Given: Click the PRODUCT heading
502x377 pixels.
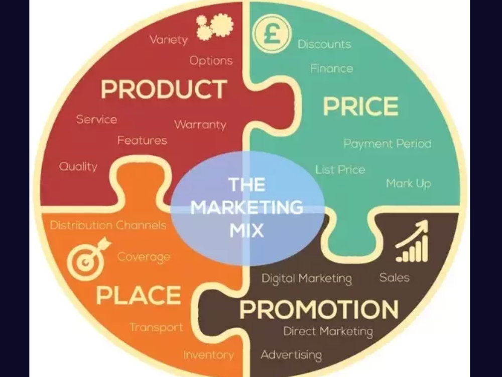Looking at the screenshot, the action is (164, 89).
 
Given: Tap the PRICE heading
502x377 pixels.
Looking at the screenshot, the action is (360, 106).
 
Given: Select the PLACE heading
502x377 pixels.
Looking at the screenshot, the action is (139, 295).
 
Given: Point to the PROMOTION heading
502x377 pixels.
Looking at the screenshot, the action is (319, 309).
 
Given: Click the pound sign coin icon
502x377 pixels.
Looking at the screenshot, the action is (272, 34).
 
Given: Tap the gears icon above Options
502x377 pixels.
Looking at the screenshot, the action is (215, 27).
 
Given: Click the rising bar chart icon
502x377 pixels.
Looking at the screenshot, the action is (412, 241).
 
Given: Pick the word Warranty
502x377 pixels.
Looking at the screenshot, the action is (200, 124).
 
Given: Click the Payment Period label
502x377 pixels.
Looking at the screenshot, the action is (388, 144).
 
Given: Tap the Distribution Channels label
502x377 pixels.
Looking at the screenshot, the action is (108, 225).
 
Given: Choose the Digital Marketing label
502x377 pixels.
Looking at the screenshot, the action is (307, 278).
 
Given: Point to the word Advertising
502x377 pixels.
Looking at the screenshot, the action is (291, 355).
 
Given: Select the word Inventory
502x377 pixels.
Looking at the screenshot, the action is (208, 355).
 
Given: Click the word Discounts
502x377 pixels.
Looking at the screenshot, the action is (324, 44).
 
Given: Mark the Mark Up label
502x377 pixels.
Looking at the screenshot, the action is (409, 183).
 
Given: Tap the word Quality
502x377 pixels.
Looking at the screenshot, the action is (78, 167).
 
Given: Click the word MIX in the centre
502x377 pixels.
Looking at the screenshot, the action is (246, 230).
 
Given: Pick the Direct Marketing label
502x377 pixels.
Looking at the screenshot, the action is (328, 331).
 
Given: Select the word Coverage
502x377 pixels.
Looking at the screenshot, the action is (144, 257).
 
